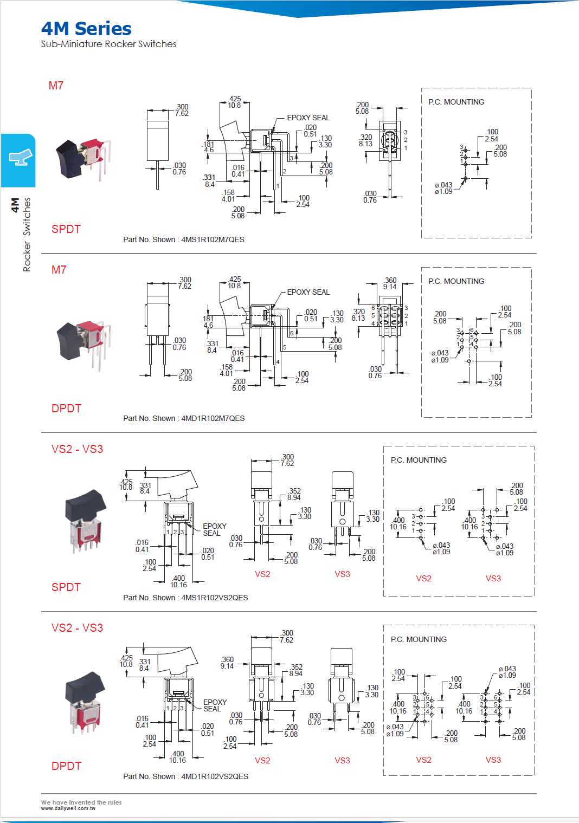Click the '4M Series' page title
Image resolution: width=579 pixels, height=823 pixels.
coord(86,28)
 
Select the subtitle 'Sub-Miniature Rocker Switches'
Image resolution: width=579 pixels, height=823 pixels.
coord(108,44)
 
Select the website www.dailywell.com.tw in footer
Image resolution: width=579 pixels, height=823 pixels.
coord(68,808)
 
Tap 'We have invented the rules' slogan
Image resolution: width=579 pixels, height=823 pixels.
coord(81,802)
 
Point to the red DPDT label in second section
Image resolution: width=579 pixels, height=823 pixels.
coord(66,409)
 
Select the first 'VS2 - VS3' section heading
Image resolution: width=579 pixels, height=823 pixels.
coord(77,449)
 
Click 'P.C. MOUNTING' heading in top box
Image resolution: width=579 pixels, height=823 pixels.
coord(456,102)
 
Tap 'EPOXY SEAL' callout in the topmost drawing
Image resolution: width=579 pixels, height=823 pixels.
coord(308,118)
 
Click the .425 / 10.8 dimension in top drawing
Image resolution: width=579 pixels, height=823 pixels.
coord(234,102)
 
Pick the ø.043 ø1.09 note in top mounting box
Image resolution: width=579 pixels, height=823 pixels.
coord(443,188)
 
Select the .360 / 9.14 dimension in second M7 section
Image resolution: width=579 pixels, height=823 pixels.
coord(390,283)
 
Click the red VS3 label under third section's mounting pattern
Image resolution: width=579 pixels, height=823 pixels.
coord(493,579)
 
